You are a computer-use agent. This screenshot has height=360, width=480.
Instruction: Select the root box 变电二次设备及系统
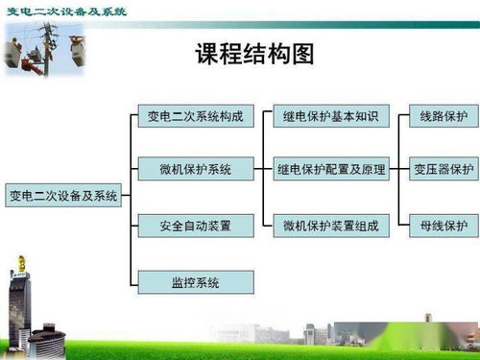point(63,196)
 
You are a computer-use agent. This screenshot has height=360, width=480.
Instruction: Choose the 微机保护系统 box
point(195,170)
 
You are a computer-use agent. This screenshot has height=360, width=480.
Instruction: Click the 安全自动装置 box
point(195,227)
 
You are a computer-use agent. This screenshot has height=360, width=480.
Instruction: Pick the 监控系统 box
point(195,282)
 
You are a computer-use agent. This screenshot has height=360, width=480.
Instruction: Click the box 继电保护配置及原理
point(331,170)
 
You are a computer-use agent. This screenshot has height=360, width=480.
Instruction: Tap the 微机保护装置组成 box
point(331,227)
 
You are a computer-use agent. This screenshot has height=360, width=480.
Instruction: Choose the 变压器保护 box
point(443,170)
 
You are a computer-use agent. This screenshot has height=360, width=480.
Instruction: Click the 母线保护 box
point(443,227)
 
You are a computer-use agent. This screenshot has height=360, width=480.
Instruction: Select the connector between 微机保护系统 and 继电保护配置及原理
point(264,170)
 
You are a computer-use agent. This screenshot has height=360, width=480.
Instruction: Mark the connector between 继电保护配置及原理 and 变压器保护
point(399,170)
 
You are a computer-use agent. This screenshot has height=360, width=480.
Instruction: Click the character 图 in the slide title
point(302,55)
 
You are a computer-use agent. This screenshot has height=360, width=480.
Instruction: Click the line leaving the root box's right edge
point(125,196)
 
